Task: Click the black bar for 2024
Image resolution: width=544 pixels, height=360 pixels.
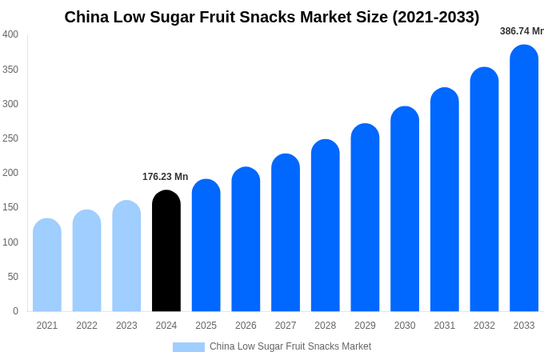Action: coord(166,251)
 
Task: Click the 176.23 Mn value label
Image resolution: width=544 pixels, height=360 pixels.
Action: coord(166,177)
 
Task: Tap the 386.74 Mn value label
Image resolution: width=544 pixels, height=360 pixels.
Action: coord(522,31)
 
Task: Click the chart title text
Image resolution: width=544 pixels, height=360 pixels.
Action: coord(272,17)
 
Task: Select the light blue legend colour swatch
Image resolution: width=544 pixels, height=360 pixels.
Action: coord(189,347)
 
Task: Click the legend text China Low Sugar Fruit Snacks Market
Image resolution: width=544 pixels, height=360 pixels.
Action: coord(290,346)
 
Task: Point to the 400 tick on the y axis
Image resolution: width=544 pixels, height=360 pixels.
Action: coord(10,34)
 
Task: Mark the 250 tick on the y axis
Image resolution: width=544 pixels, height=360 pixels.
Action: coord(10,138)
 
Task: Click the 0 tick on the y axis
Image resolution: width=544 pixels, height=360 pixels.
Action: coord(15,311)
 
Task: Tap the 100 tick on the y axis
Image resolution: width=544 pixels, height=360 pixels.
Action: coord(10,242)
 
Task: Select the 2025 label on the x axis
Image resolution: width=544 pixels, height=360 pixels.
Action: coord(206,326)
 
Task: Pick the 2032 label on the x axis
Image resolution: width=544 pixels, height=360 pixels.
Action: coord(484,326)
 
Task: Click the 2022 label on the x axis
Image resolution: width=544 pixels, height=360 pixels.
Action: coord(86,326)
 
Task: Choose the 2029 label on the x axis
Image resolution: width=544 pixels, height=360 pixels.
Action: coord(365,326)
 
